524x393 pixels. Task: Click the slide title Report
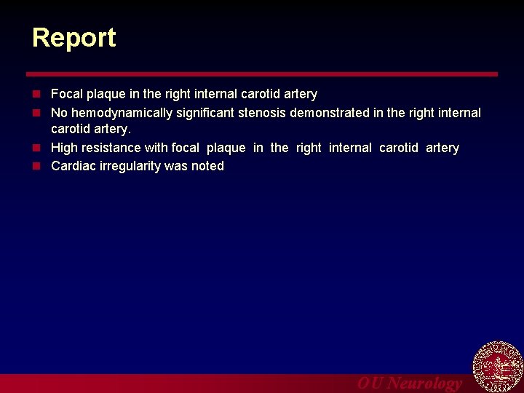(74, 38)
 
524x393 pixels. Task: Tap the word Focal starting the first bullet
(67, 94)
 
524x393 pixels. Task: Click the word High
(64, 148)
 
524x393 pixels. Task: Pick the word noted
(207, 166)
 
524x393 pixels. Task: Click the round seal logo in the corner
(498, 366)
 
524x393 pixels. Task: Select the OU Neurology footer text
(409, 384)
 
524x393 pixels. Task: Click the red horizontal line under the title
(262, 74)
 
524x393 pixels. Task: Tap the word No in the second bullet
(59, 113)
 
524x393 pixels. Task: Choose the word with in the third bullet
(156, 148)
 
